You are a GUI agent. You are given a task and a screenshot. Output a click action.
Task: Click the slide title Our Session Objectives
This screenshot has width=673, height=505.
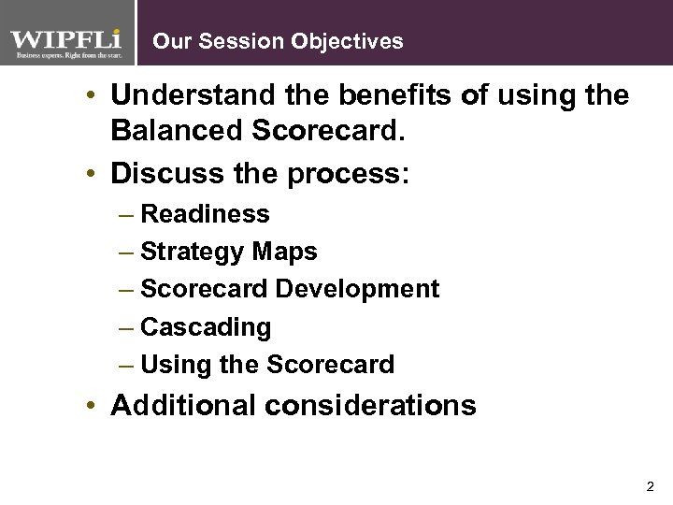coord(278,41)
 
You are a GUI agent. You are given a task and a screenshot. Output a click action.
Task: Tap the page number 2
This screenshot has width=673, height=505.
coord(650,487)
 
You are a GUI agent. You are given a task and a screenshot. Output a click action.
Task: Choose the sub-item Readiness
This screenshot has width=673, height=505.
coord(205,214)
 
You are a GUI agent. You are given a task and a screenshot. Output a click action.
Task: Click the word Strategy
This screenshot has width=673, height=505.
coord(193,252)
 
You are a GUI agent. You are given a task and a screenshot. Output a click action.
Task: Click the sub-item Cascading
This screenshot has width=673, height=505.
coord(206,327)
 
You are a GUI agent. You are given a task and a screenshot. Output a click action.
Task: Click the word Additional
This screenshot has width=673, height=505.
coord(181,406)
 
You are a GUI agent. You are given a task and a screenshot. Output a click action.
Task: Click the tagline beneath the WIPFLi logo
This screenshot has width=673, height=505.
coord(66,56)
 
